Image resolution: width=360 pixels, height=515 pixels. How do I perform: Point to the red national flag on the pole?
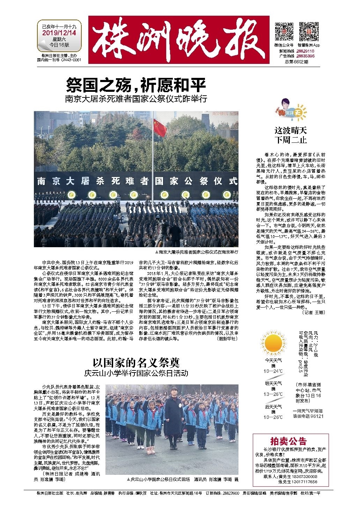pos(160,128)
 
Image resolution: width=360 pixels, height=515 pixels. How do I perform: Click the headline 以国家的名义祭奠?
pos(136,362)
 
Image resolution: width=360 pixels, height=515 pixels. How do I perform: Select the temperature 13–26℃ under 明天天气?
pos(273,394)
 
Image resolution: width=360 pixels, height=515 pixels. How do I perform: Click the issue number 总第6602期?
pos(296,61)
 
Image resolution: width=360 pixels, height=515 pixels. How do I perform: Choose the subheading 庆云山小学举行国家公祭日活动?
pos(136,373)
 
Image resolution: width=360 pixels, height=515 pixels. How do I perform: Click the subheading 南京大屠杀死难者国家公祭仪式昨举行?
pos(136,99)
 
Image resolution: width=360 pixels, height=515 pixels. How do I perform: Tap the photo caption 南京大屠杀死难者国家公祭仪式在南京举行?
pos(198,251)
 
